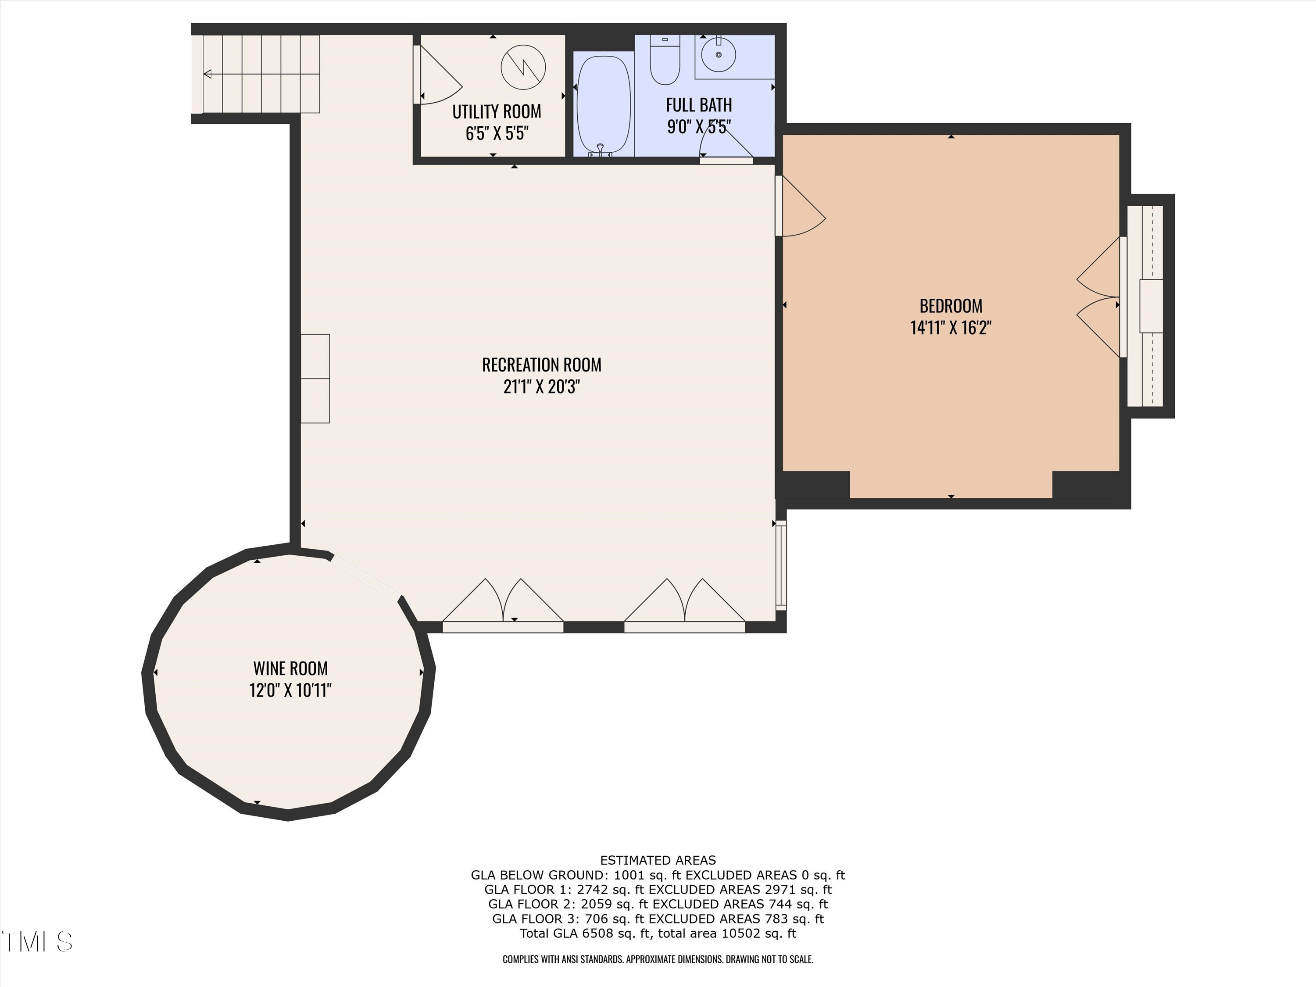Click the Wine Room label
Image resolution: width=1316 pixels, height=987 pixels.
pyautogui.click(x=290, y=668)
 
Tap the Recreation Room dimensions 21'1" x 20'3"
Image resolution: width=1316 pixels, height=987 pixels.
pyautogui.click(x=541, y=387)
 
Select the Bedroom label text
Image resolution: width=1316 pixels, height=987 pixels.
pyautogui.click(x=951, y=306)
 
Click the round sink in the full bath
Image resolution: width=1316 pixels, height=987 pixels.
pyautogui.click(x=718, y=54)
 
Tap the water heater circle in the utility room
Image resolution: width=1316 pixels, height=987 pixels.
pyautogui.click(x=523, y=67)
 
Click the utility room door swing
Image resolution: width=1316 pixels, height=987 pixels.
pyautogui.click(x=439, y=77)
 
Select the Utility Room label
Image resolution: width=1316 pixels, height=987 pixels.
pyautogui.click(x=497, y=112)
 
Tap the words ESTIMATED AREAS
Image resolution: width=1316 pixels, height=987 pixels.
pyautogui.click(x=658, y=860)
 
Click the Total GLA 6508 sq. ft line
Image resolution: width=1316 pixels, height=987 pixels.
pyautogui.click(x=658, y=933)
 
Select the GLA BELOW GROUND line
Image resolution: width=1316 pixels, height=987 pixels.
pyautogui.click(x=658, y=875)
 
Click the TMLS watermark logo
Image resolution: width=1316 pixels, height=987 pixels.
pyautogui.click(x=37, y=942)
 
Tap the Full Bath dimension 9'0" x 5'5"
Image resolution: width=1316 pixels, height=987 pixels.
pyautogui.click(x=698, y=127)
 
